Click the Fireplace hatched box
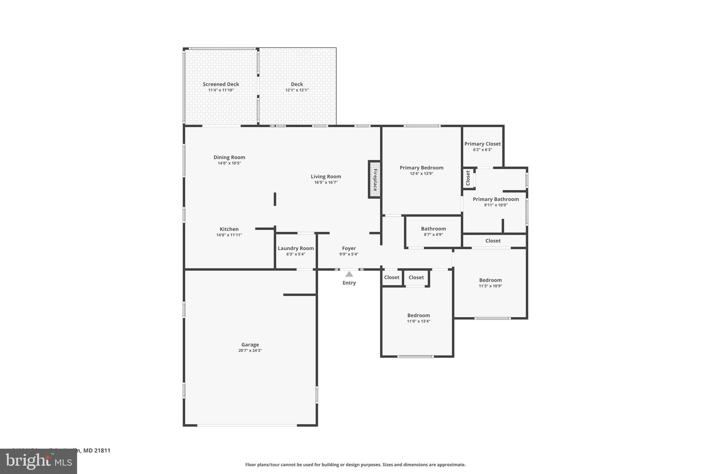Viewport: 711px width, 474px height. [x=375, y=180]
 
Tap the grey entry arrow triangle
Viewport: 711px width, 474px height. [x=349, y=274]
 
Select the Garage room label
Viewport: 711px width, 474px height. [x=250, y=345]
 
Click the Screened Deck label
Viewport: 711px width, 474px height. [x=221, y=84]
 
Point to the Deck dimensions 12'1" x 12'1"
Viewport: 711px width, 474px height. [x=297, y=90]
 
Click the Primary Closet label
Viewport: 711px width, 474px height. [x=483, y=144]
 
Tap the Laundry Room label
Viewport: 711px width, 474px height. [x=296, y=248]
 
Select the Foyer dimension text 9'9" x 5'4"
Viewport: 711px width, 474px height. [x=349, y=254]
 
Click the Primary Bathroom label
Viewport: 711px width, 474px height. [x=496, y=199]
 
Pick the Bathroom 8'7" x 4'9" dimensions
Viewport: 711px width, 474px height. [x=433, y=235]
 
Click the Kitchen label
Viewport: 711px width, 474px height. [x=229, y=229]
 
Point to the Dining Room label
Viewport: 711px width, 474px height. [x=229, y=157]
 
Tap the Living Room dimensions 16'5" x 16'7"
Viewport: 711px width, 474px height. [x=326, y=182]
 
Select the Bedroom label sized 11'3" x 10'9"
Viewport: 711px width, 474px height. [x=490, y=280]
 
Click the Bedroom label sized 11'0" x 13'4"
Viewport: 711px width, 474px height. [x=418, y=315]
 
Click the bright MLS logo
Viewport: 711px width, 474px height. [x=38, y=461]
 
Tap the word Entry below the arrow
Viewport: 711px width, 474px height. [x=349, y=283]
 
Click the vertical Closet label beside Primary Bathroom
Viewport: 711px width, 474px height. [x=468, y=178]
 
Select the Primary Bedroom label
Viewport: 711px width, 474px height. [x=421, y=168]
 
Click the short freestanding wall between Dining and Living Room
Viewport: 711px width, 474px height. [x=275, y=199]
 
